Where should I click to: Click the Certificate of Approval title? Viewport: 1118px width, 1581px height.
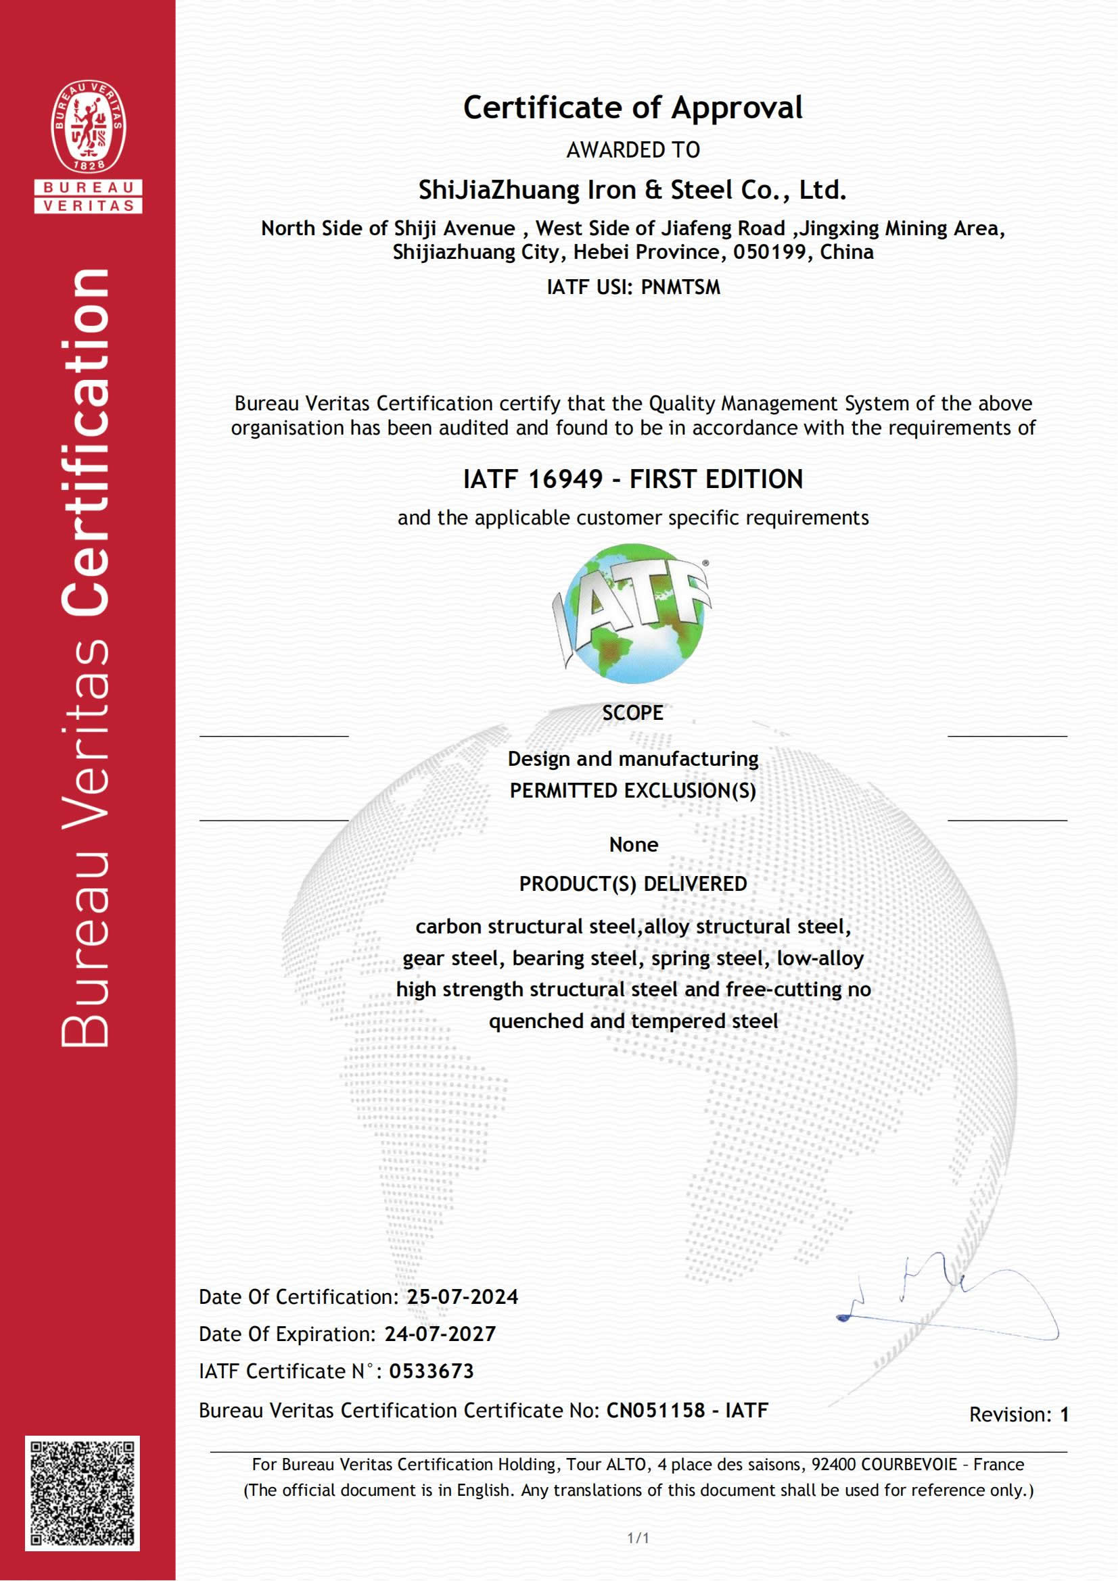632,108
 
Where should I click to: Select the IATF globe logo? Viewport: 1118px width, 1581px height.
632,613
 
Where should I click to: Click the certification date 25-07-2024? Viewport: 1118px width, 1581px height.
462,1296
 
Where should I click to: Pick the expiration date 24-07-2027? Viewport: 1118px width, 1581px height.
440,1334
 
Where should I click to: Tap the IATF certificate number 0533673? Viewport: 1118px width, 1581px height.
432,1371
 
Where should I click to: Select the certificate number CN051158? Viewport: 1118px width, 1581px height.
655,1410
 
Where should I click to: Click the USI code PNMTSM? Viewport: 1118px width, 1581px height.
680,287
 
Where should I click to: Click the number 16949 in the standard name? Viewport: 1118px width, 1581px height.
565,479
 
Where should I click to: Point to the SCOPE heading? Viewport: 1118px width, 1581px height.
632,712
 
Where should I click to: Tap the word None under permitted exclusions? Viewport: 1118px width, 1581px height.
633,844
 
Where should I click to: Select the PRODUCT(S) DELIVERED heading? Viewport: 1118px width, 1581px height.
632,883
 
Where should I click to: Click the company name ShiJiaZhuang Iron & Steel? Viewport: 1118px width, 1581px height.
632,190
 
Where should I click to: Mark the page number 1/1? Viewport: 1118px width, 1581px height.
638,1538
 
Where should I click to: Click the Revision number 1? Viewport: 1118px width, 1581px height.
1064,1414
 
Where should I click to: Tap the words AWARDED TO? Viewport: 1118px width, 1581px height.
632,149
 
